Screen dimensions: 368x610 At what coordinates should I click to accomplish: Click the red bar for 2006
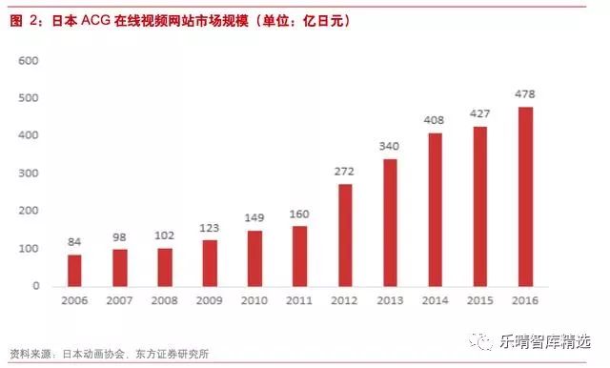tap(74, 270)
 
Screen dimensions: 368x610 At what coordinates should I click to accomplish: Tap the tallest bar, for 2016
tap(524, 196)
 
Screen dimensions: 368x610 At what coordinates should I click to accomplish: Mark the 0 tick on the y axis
tap(35, 286)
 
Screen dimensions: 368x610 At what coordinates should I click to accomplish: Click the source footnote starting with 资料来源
tap(109, 354)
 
